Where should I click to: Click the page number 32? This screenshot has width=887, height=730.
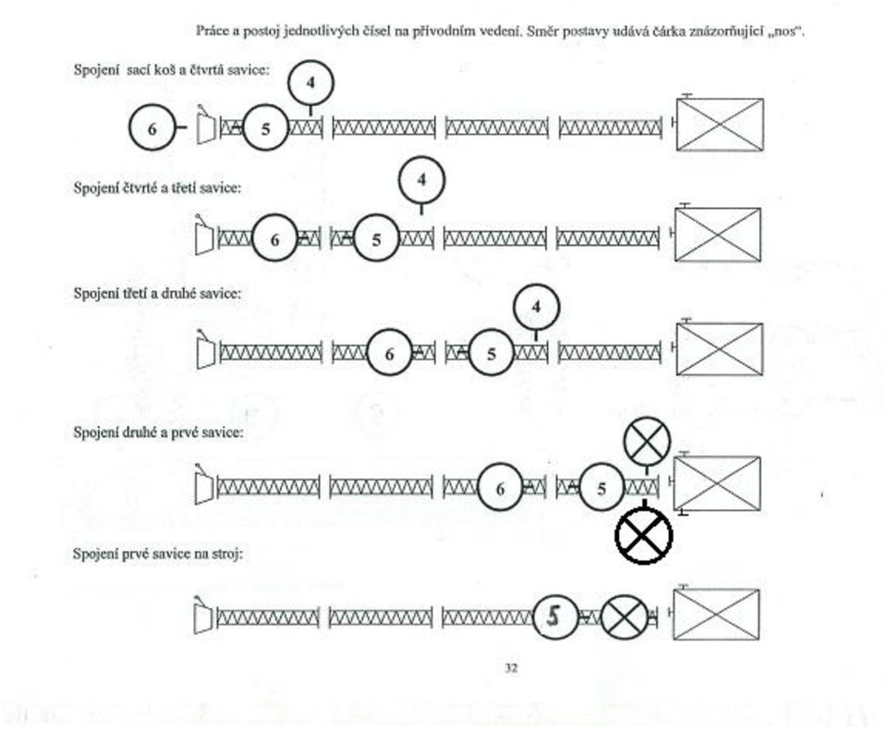tap(511, 668)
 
